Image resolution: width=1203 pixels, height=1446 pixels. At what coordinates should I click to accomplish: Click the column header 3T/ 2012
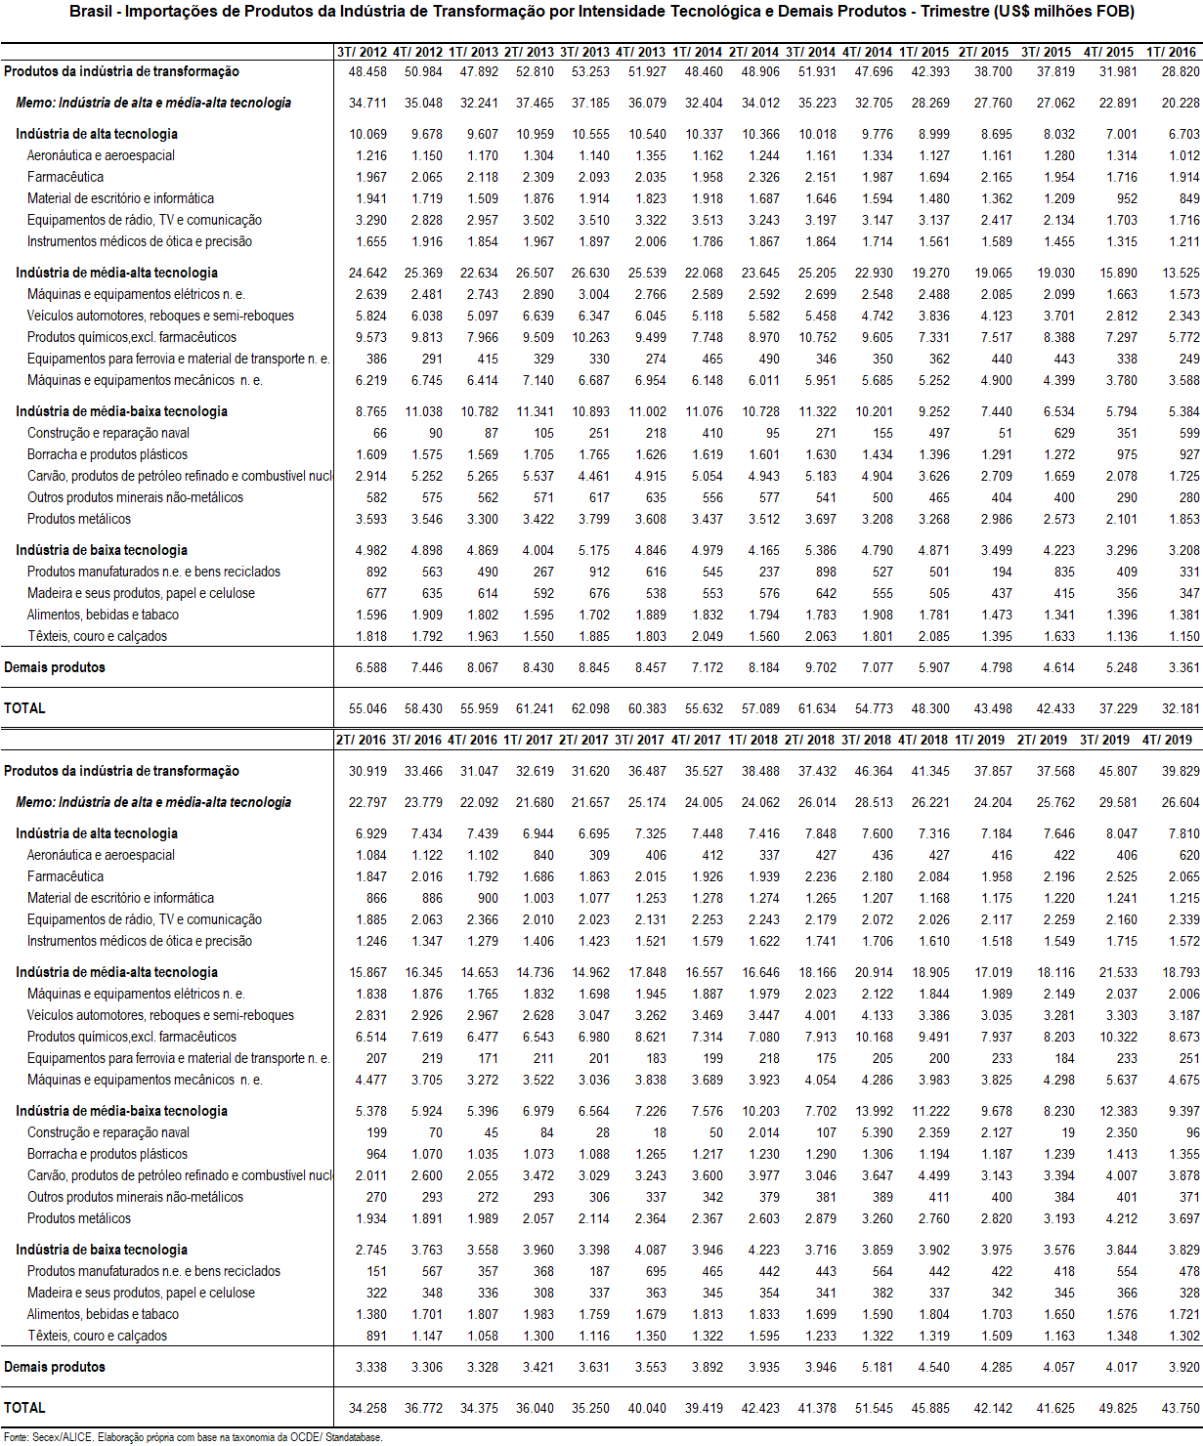[x=362, y=52]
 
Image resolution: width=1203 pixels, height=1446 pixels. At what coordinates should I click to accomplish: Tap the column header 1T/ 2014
[x=698, y=52]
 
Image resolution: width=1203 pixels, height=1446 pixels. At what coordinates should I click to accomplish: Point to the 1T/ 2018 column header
[x=753, y=740]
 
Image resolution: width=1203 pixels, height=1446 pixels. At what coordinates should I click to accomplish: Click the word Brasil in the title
[x=90, y=12]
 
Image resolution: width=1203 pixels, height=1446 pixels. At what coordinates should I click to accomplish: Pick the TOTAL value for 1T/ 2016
[x=1181, y=708]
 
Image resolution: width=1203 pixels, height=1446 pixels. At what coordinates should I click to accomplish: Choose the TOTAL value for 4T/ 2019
[x=1181, y=1408]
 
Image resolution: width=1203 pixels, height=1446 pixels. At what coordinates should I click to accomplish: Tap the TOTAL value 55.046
[x=367, y=708]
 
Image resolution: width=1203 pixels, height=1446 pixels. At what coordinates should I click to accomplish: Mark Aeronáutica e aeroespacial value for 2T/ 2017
[x=599, y=855]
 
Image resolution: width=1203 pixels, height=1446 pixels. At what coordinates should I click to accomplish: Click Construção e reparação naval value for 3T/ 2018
[x=877, y=1132]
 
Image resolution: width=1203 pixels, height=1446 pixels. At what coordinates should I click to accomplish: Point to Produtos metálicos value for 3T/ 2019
[x=1121, y=1218]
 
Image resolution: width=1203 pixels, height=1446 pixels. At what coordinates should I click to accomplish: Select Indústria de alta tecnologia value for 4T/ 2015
[x=1121, y=134]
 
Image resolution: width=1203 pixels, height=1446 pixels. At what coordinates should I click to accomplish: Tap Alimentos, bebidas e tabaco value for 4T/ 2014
[x=877, y=615]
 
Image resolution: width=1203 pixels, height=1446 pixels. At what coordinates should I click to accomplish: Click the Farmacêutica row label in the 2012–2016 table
[x=65, y=177]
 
